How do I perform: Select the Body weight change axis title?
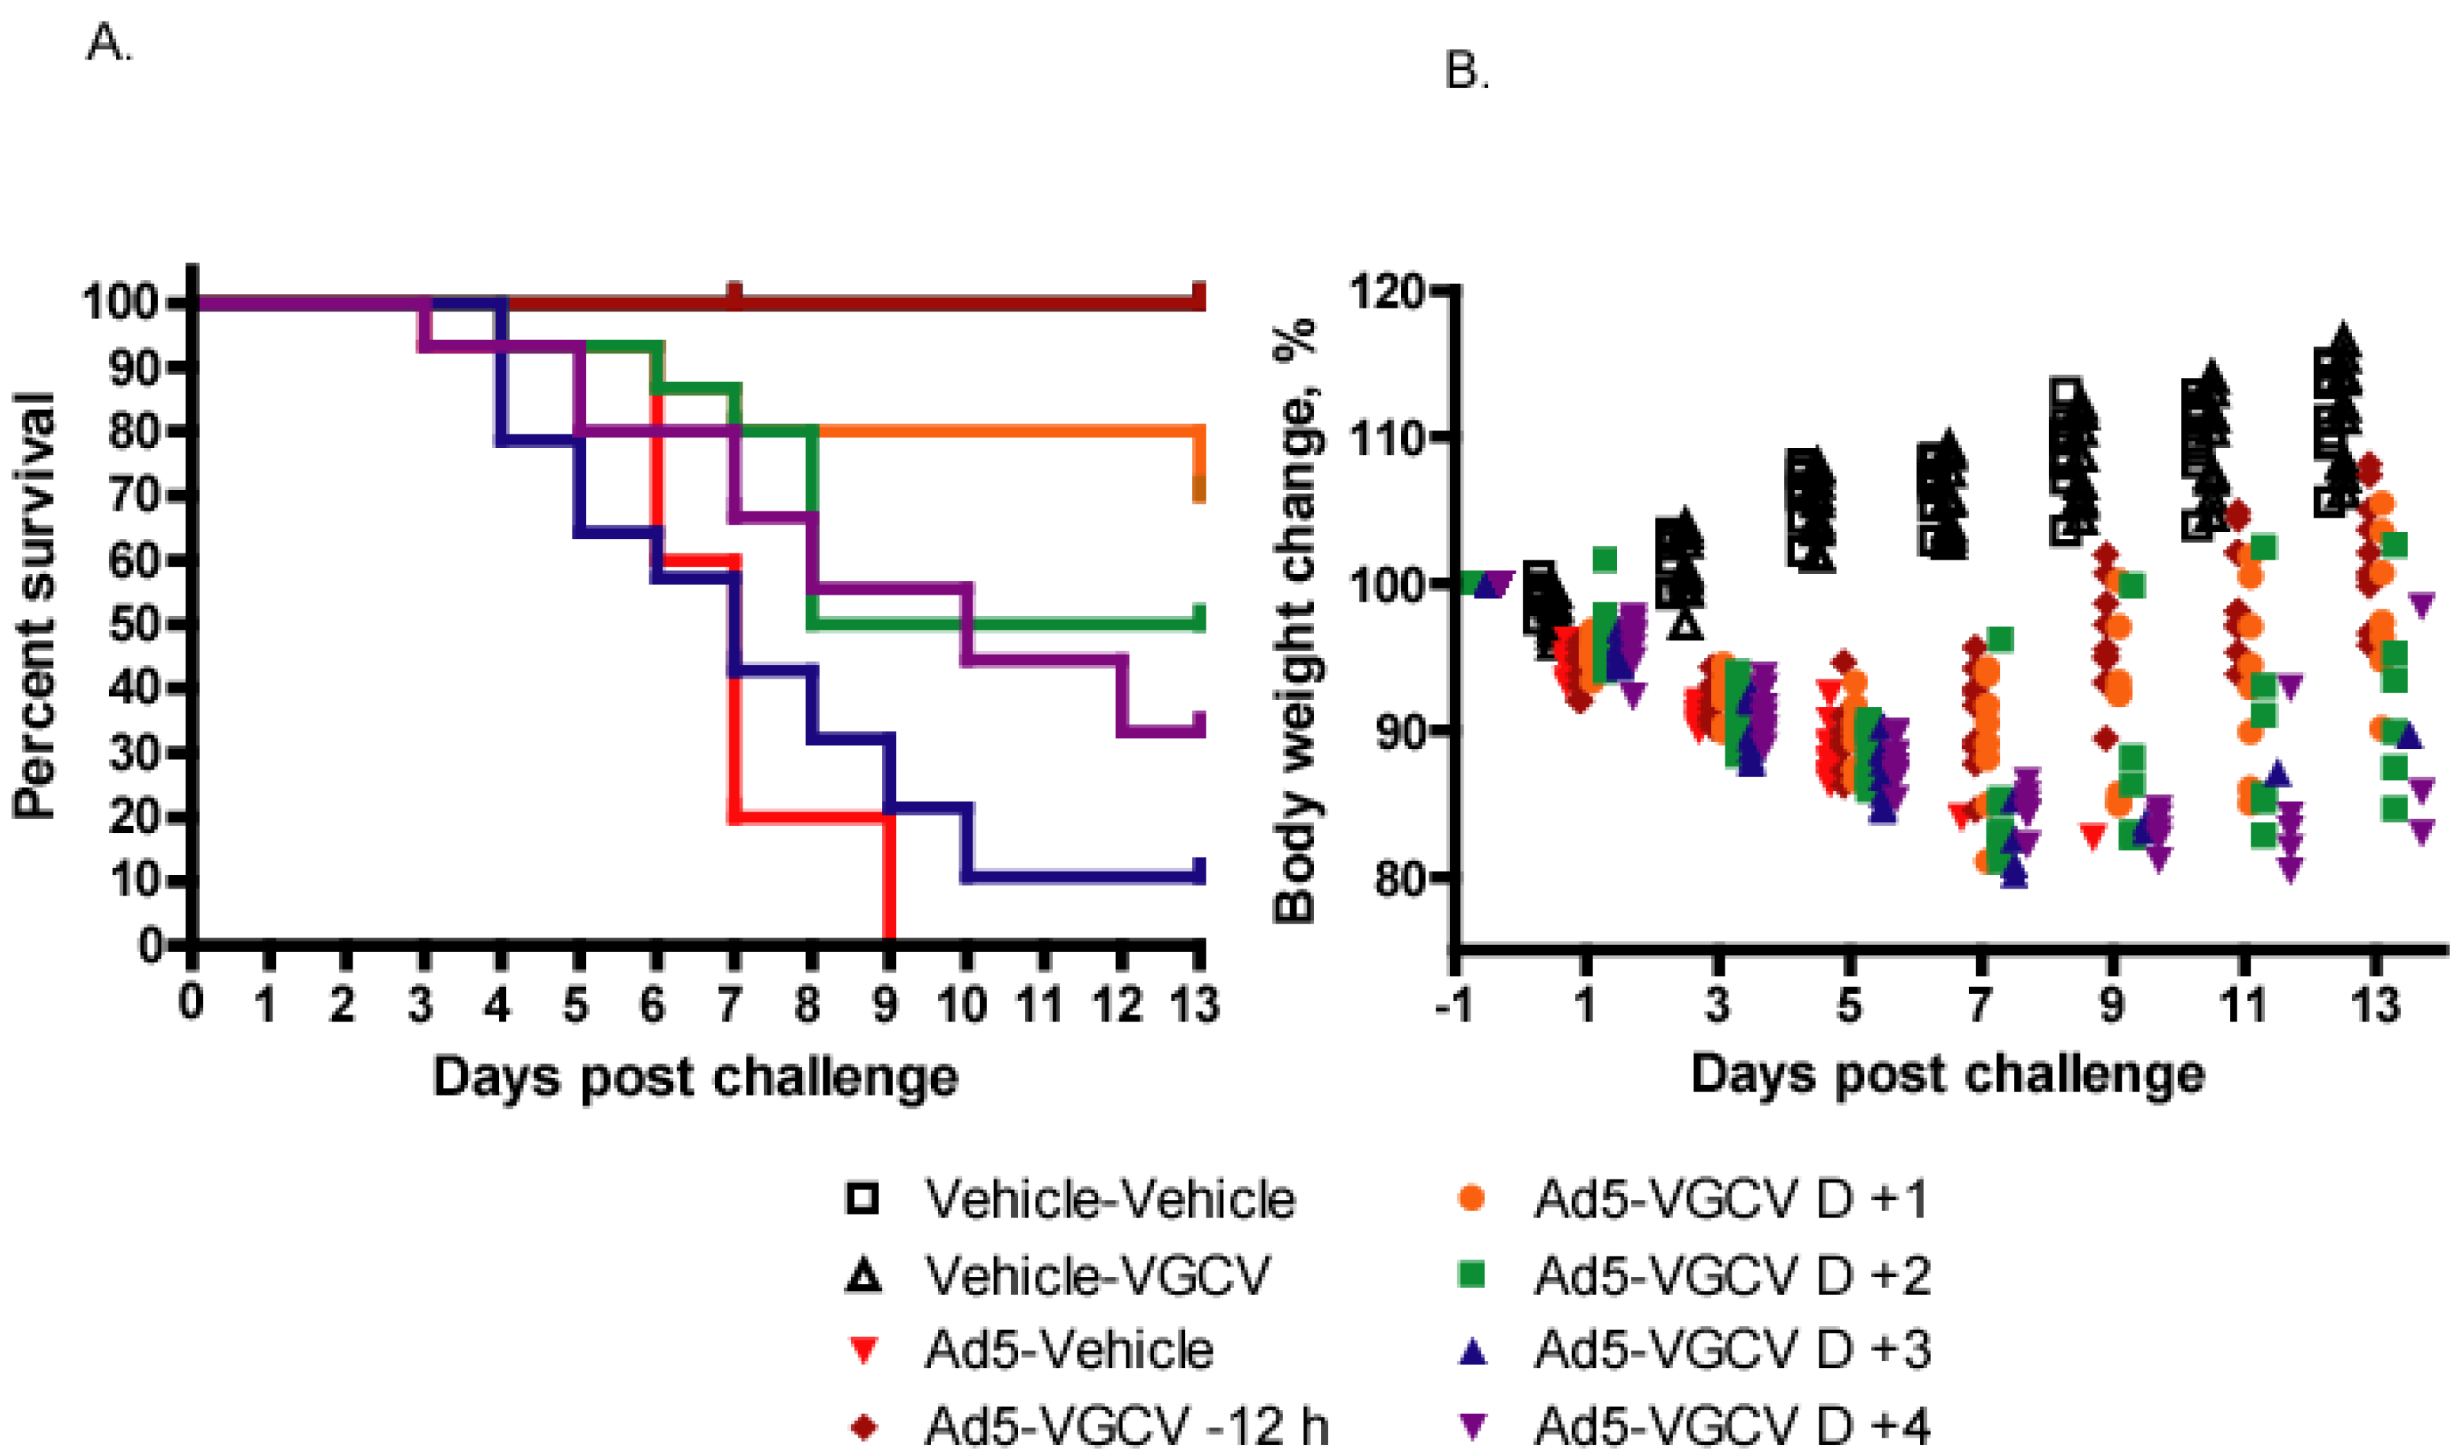click(1296, 621)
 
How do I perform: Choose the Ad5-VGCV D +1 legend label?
click(1732, 1199)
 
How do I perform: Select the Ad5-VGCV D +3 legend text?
click(1732, 1351)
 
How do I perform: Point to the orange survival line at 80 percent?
click(1007, 431)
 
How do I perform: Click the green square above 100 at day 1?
click(1604, 560)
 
